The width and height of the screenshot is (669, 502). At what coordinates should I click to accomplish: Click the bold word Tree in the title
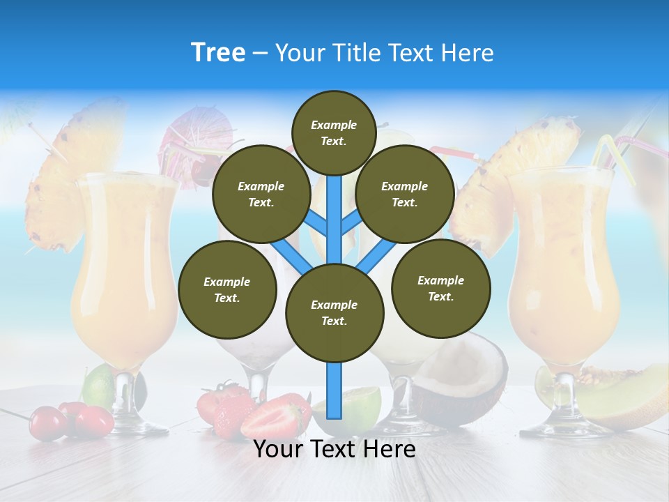218,53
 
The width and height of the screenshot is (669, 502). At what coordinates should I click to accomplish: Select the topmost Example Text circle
334,132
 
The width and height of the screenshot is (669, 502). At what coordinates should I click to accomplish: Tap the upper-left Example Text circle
261,194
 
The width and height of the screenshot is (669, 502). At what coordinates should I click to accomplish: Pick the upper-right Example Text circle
405,194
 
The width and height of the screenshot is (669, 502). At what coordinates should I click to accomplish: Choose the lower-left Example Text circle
227,289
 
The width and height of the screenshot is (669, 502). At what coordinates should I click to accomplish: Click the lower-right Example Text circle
440,288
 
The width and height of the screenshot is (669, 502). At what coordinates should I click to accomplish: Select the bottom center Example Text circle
334,312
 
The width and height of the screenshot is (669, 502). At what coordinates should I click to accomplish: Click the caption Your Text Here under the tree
334,449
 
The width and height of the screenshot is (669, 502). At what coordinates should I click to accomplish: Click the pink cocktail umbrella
194,132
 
